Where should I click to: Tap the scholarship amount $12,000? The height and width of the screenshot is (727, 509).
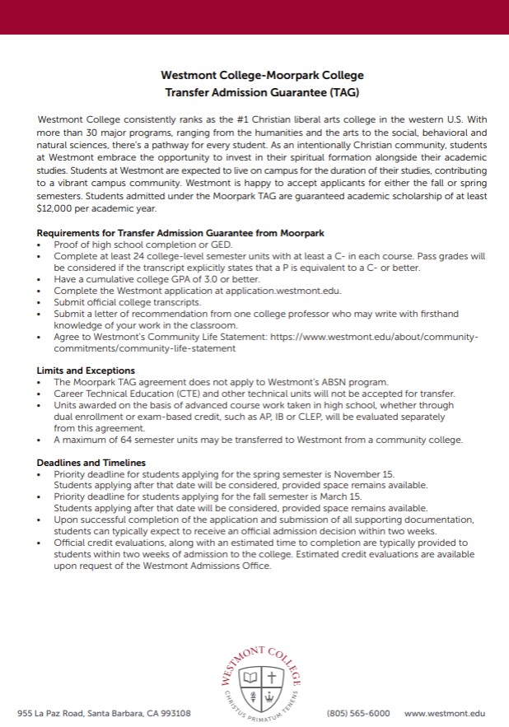coord(56,208)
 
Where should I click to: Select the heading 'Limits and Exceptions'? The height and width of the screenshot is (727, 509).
coord(86,370)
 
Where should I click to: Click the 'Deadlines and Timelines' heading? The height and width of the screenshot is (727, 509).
coord(91,463)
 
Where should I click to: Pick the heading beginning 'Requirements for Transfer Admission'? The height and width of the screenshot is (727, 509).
coord(180,234)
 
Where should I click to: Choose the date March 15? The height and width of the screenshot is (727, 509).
coord(343,497)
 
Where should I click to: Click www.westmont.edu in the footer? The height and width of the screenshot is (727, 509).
coord(445,713)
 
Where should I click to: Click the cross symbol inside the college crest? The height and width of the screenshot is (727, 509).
coord(271,678)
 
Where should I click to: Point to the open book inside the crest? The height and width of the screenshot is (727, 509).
coord(250,678)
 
